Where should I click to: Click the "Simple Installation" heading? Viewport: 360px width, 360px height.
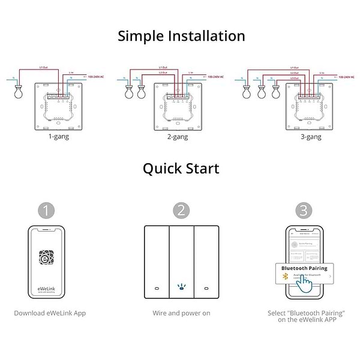point(181,36)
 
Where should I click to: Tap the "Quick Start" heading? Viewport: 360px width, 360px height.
point(181,168)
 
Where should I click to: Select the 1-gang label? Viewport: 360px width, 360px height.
point(58,137)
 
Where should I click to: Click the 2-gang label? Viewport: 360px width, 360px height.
point(177,137)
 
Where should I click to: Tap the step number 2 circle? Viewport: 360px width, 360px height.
point(181,211)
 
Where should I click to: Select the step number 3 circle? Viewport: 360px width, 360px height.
point(304,211)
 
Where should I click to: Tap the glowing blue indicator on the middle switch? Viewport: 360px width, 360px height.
point(181,287)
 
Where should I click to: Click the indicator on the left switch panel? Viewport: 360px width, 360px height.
point(156,287)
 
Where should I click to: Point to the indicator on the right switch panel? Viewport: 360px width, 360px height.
point(205,287)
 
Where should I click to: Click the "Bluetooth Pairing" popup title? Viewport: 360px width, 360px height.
point(304,268)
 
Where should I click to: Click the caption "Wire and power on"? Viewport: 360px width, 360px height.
point(181,313)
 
